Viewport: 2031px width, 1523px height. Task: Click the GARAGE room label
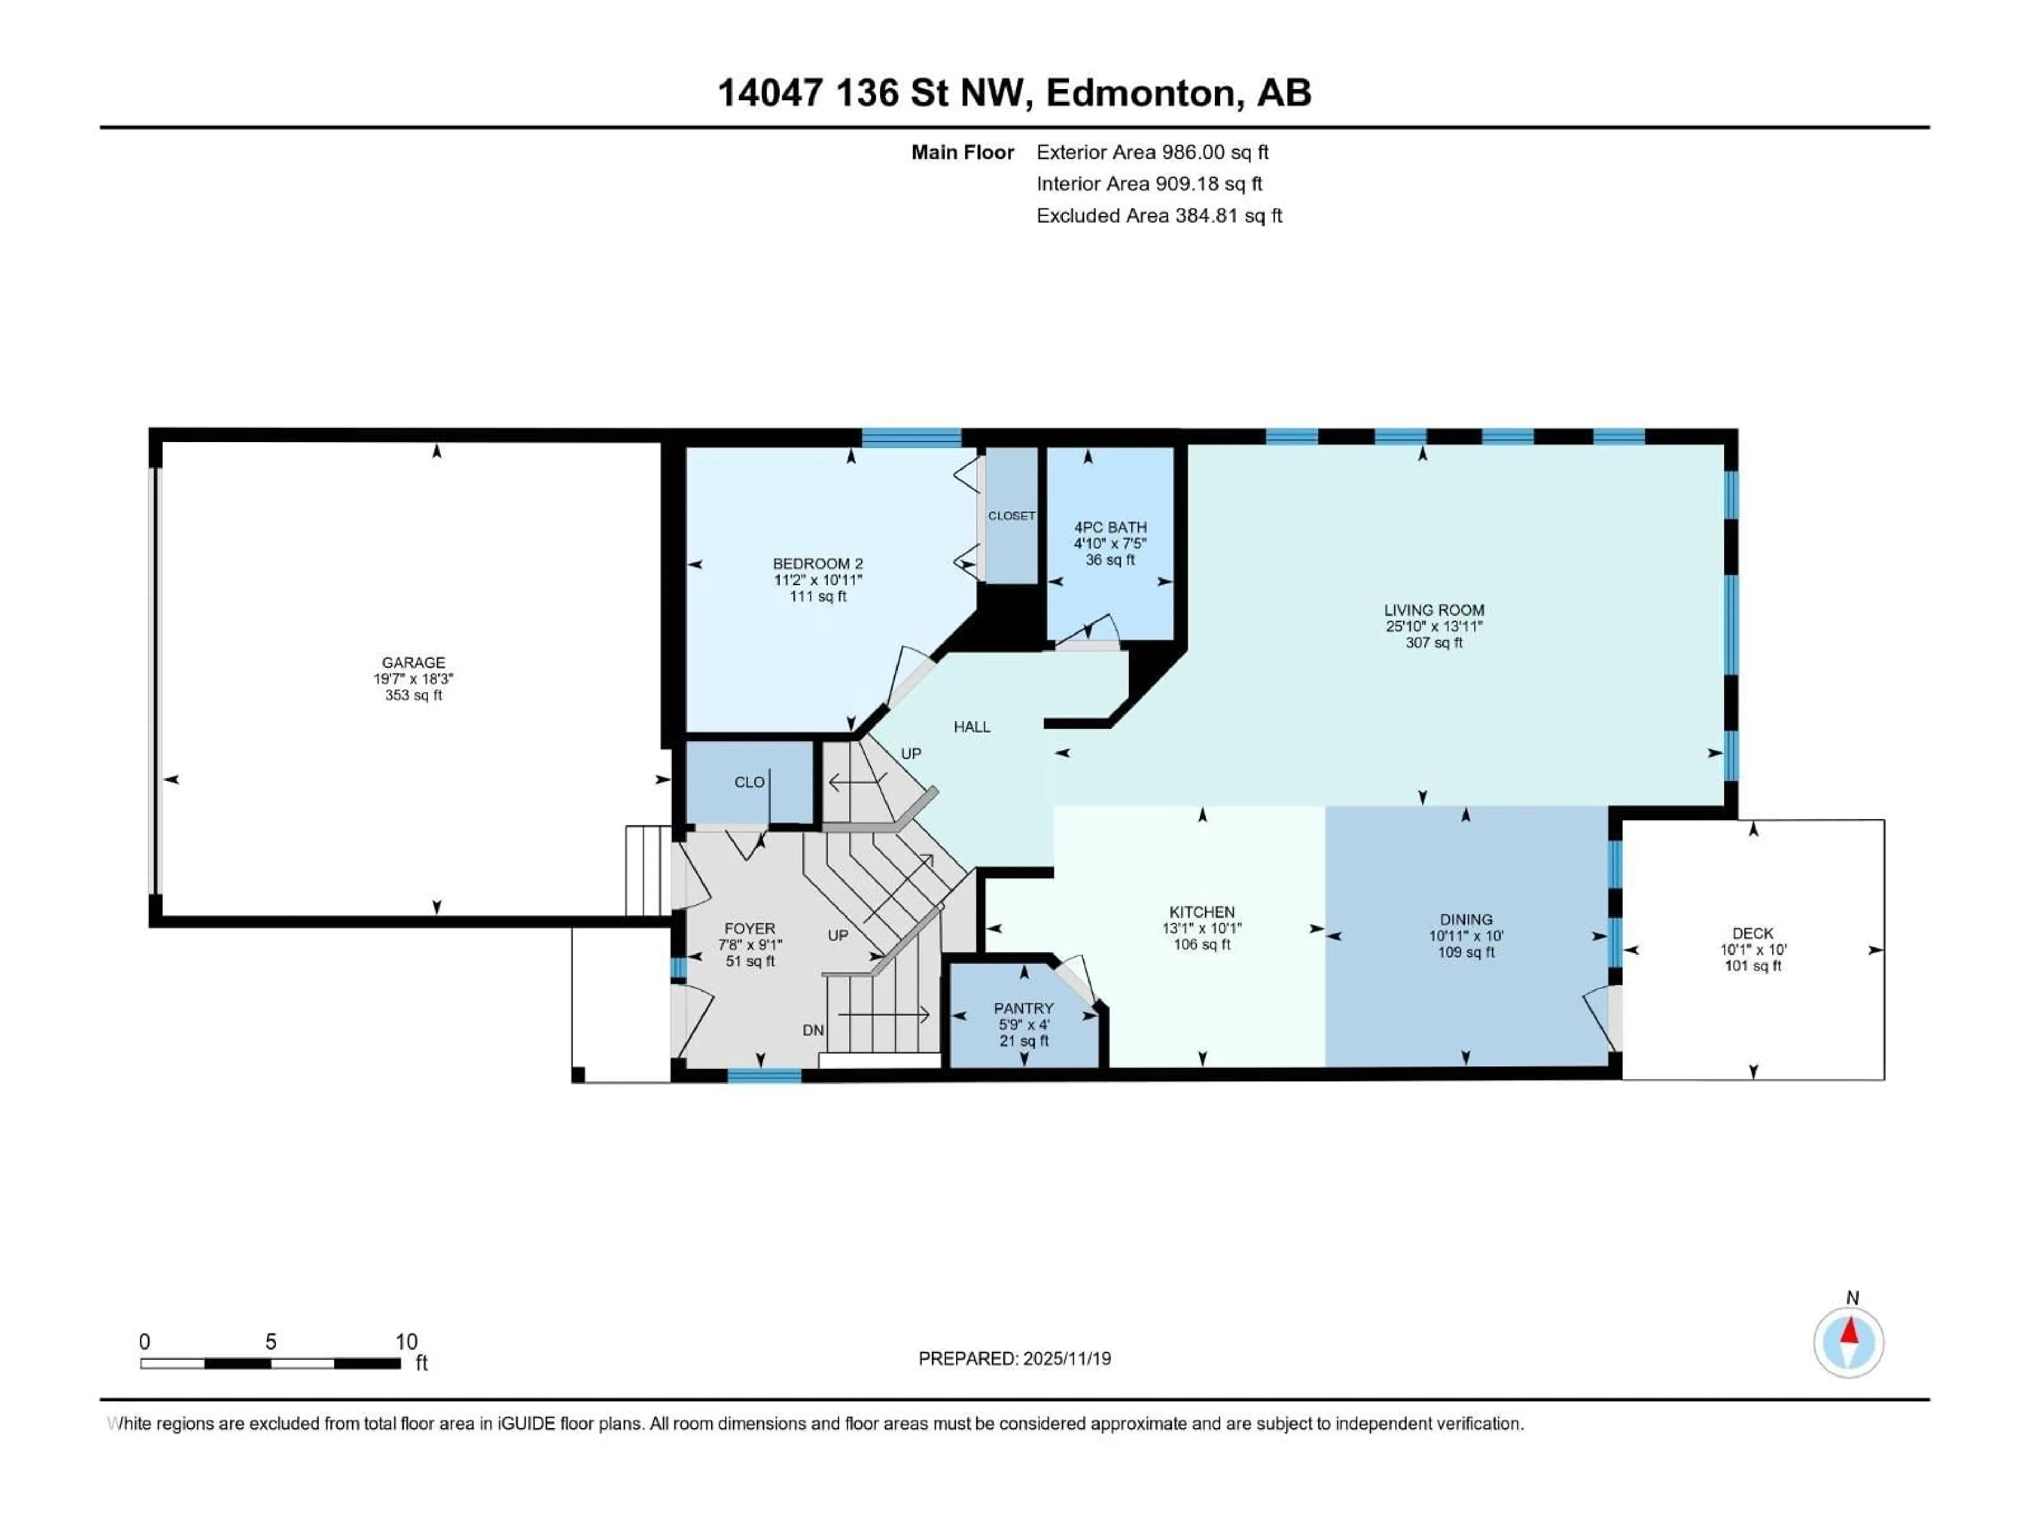(x=413, y=662)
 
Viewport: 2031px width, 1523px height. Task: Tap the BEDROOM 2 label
(x=817, y=564)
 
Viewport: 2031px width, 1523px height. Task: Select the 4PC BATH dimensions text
(x=1110, y=544)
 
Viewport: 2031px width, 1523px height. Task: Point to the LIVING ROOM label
(x=1433, y=610)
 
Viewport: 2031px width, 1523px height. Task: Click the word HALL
(x=972, y=727)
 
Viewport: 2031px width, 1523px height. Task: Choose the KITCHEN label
(x=1201, y=912)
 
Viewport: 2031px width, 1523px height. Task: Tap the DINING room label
(x=1466, y=919)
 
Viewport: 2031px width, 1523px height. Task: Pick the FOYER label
(x=749, y=928)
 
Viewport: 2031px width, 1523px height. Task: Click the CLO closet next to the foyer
(x=749, y=782)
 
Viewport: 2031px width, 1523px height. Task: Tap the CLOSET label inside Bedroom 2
(x=1011, y=516)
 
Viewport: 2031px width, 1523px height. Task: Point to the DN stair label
(x=812, y=1030)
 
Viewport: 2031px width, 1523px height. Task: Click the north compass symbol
(x=1849, y=1342)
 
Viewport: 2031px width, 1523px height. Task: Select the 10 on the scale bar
(x=406, y=1341)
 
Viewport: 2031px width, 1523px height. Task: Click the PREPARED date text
(x=1014, y=1359)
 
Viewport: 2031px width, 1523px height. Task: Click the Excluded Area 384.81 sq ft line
(x=1159, y=216)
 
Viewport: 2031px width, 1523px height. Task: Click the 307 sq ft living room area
(x=1433, y=643)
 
